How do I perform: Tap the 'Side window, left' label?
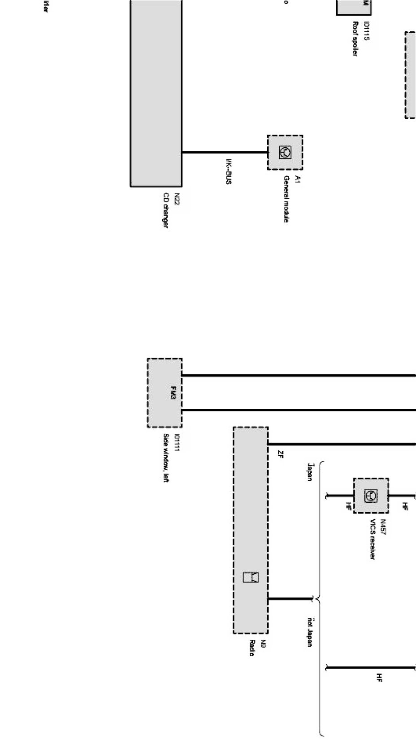pos(165,458)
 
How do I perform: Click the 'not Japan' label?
pos(309,632)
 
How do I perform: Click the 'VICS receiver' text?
pos(372,539)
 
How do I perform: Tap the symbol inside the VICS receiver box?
pos(371,496)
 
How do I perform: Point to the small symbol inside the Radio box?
pos(251,577)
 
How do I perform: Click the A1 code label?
pos(296,180)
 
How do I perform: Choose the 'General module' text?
pos(286,199)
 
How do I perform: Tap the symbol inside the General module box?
pos(285,152)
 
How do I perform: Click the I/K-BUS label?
pos(229,171)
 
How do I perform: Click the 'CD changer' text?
pos(165,210)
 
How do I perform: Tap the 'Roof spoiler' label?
pos(355,39)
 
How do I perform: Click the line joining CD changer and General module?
pos(224,152)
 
